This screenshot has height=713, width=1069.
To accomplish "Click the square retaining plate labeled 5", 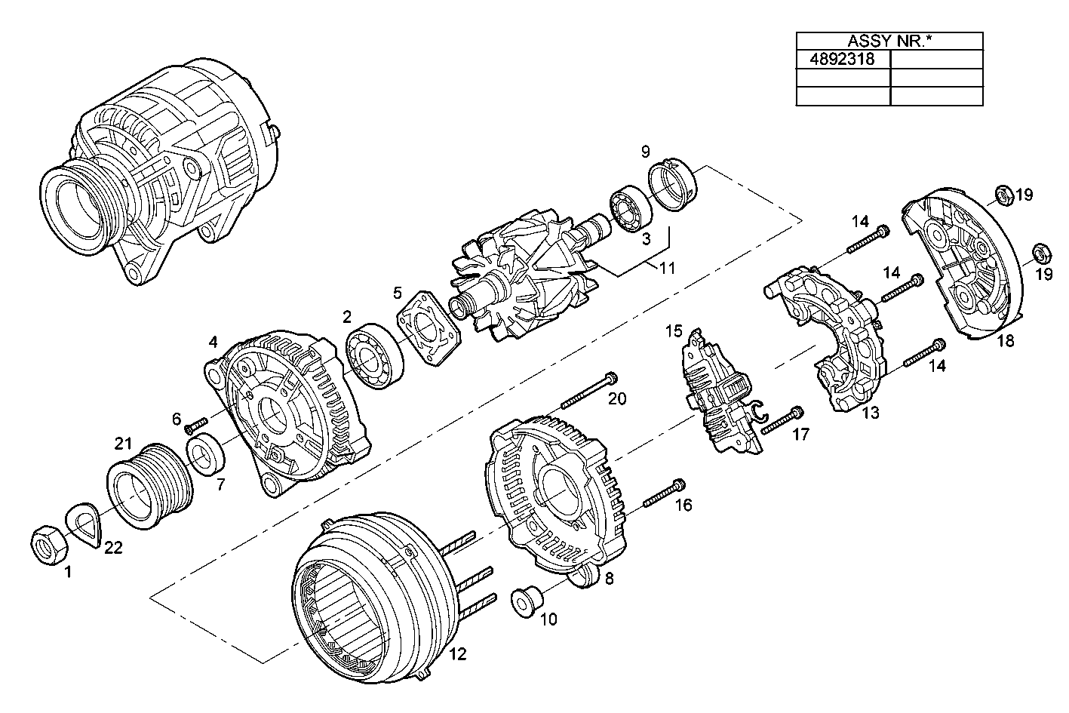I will pos(429,331).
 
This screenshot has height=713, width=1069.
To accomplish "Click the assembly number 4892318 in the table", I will pos(842,59).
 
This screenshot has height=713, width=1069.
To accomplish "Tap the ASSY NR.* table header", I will pos(889,41).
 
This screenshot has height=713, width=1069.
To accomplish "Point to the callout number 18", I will pos(1005,340).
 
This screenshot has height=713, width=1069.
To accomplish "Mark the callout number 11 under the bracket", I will pos(666,267).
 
